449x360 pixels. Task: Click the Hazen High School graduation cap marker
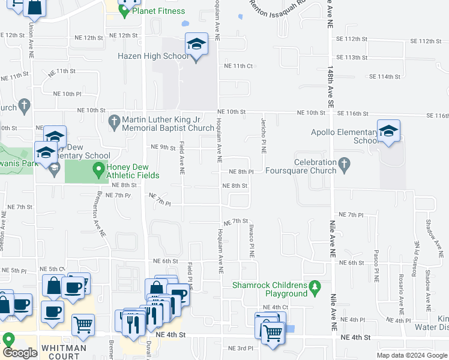tap(196, 45)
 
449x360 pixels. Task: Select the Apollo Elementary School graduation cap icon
tap(388, 132)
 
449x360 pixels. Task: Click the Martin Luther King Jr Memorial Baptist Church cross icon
tap(115, 122)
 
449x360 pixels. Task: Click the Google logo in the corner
tap(20, 353)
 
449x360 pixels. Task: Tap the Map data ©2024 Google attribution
tap(411, 355)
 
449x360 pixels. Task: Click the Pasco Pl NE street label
tap(376, 266)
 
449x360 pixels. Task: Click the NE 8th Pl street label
tap(241, 172)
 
